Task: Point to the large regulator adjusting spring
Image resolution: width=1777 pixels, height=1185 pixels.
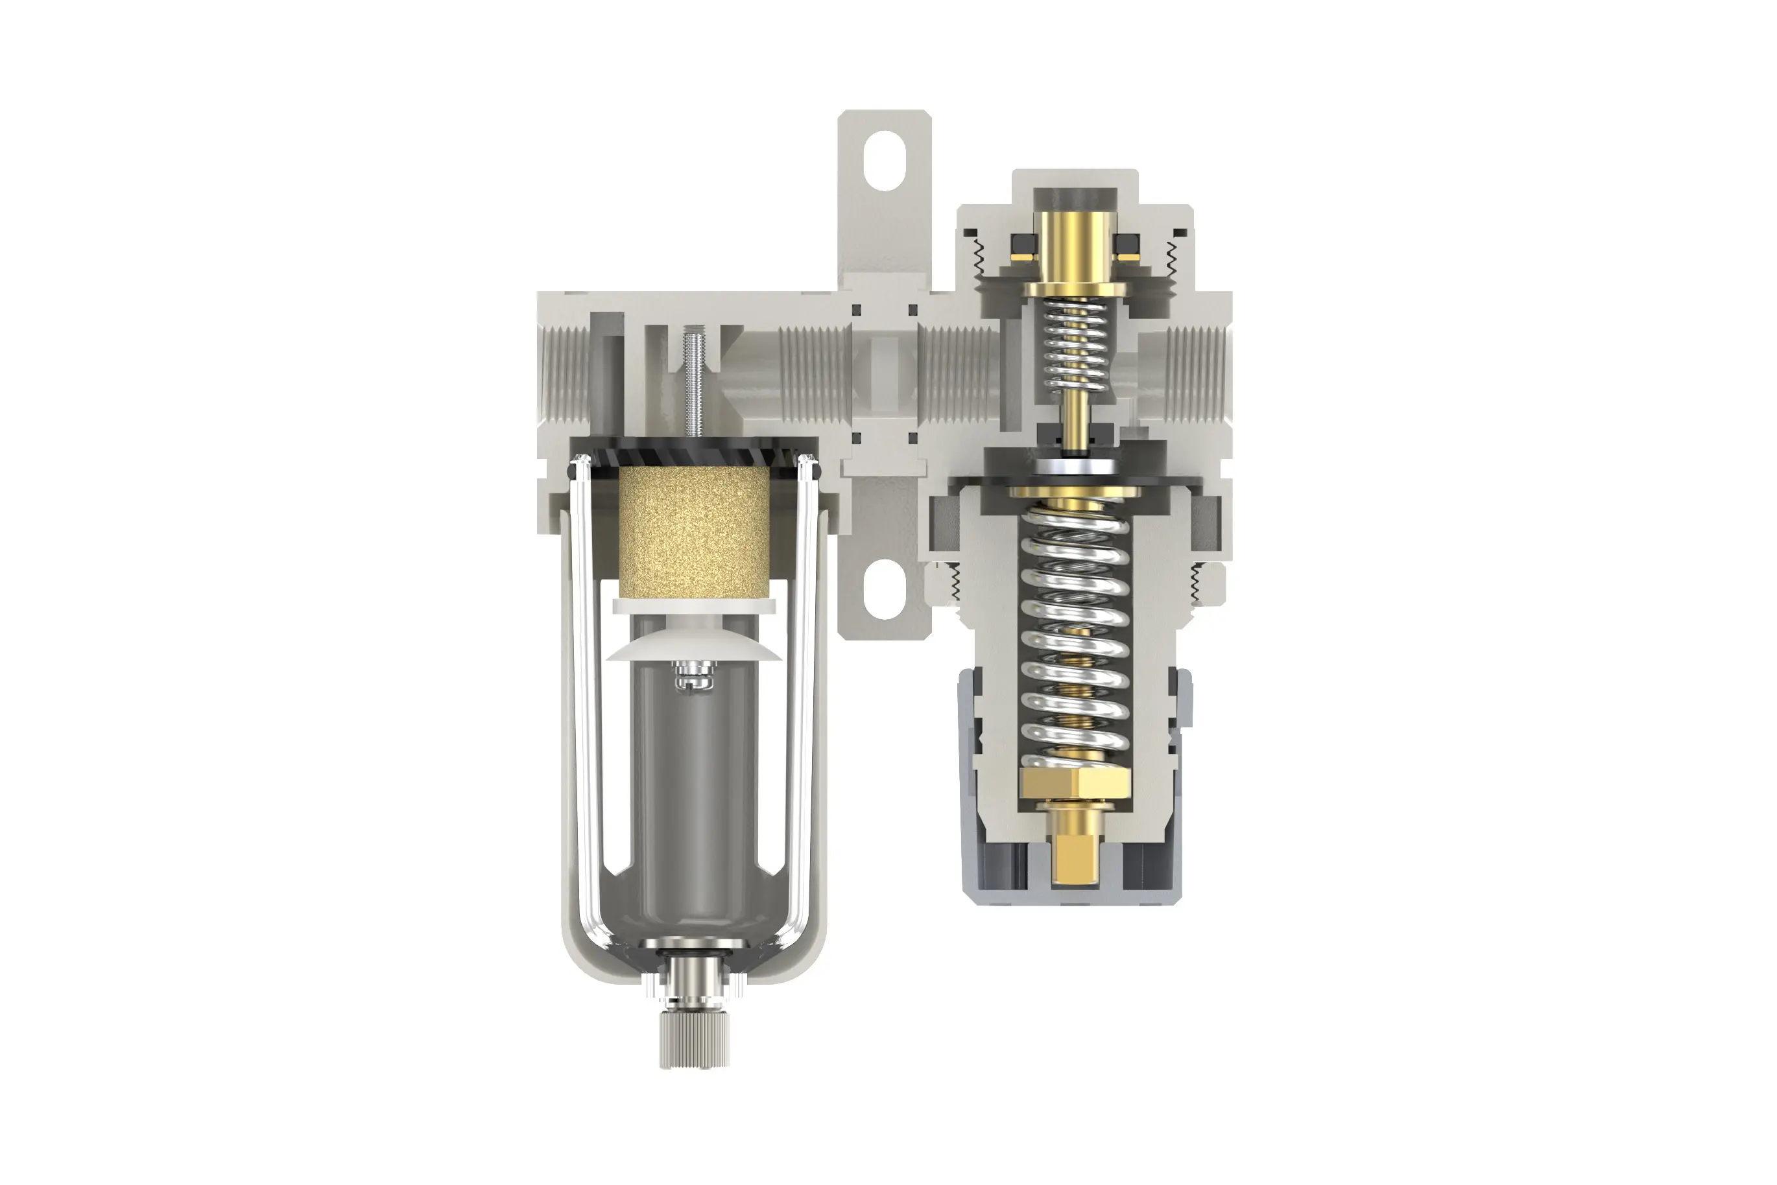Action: (1074, 642)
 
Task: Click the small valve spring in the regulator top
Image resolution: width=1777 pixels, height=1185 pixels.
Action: (1074, 340)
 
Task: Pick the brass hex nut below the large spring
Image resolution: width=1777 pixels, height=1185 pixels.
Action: (1074, 784)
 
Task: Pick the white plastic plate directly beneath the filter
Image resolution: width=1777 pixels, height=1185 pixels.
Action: (693, 605)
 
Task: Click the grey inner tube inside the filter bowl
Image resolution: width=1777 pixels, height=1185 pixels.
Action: (693, 793)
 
